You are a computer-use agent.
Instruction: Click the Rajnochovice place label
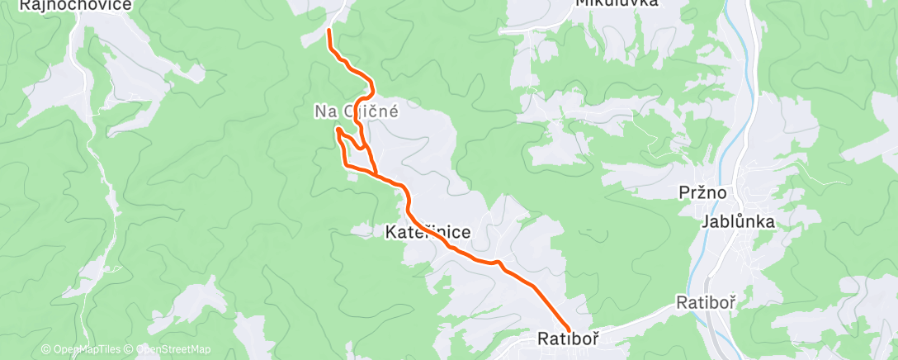coord(65,5)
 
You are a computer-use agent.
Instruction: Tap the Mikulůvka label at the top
coord(617,3)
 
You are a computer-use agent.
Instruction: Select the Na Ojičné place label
coord(357,111)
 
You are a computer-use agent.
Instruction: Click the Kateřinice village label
coord(428,233)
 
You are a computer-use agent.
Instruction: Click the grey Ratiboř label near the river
coord(705,302)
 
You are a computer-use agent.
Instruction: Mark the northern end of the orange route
coord(329,31)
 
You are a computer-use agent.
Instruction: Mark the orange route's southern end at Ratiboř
coord(569,330)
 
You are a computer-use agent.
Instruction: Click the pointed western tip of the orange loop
coord(338,129)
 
